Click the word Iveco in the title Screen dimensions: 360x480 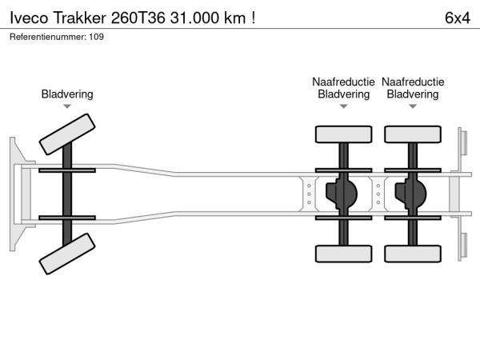29,17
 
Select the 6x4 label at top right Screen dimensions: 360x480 456,17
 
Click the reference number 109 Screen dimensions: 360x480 97,37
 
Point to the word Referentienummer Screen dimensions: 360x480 46,37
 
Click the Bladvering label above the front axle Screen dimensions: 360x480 67,94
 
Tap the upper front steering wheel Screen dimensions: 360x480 67,133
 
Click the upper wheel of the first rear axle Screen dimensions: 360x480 344,134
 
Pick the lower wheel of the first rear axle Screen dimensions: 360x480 344,254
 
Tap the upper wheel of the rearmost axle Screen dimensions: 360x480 412,134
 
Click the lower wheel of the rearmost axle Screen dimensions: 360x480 412,254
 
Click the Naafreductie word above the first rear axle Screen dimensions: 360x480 344,82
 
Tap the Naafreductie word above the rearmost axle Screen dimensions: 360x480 413,82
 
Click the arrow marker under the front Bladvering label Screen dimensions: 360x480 67,106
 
